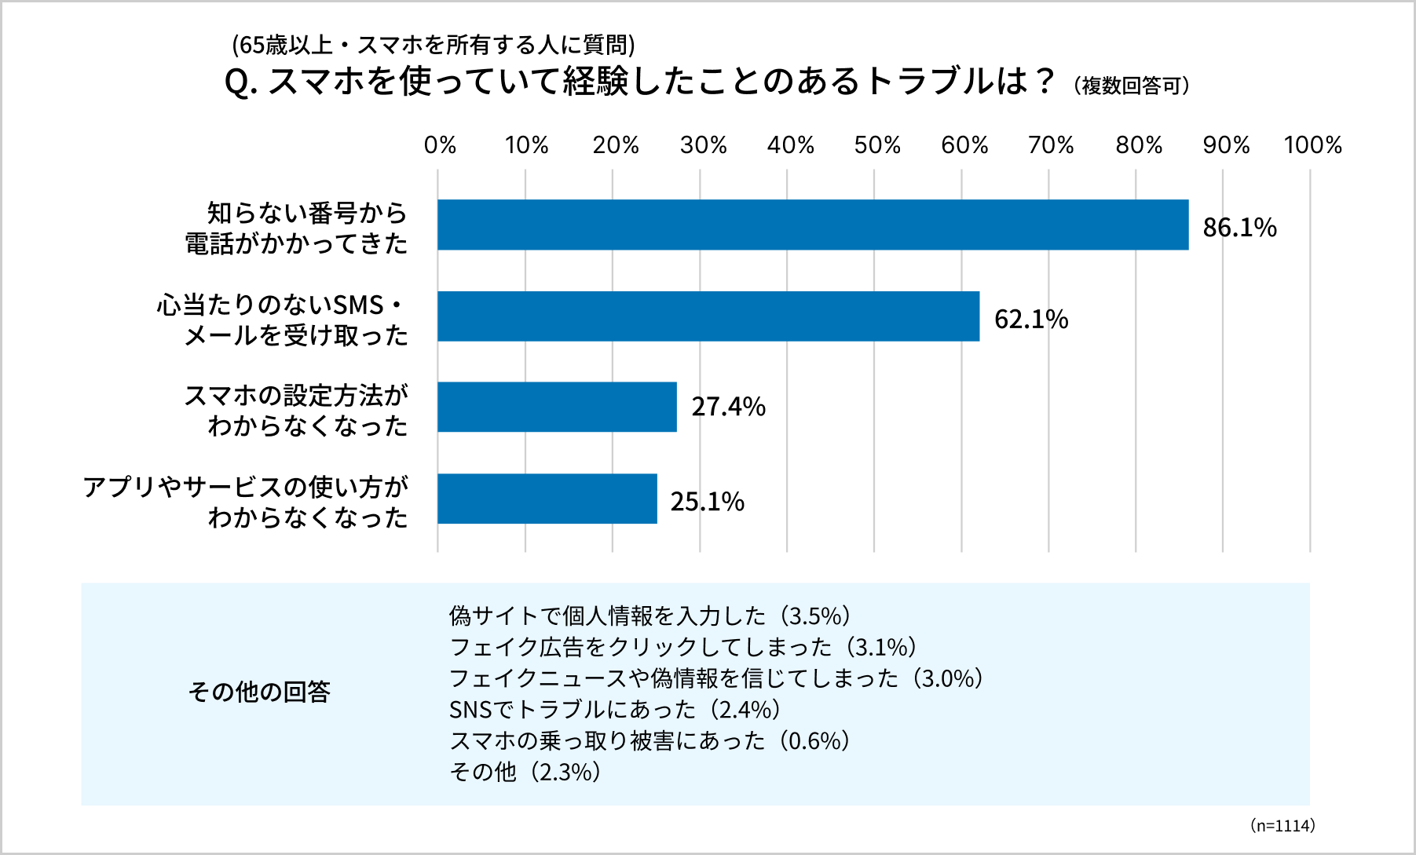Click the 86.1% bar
813,225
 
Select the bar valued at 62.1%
708,316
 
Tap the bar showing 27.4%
557,407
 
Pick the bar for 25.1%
547,499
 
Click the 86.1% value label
1239,228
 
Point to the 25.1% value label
707,502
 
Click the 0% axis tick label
440,145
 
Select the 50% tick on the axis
876,145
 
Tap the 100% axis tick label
1312,145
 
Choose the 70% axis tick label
1051,145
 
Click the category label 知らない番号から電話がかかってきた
297,228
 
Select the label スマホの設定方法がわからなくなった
297,410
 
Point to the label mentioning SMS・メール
283,320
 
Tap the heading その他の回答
259,692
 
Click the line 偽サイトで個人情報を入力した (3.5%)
651,616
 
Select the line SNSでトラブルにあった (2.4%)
615,710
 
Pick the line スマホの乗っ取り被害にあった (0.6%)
650,741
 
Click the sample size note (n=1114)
1282,825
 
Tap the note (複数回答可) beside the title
1132,86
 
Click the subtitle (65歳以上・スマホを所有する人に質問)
434,46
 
